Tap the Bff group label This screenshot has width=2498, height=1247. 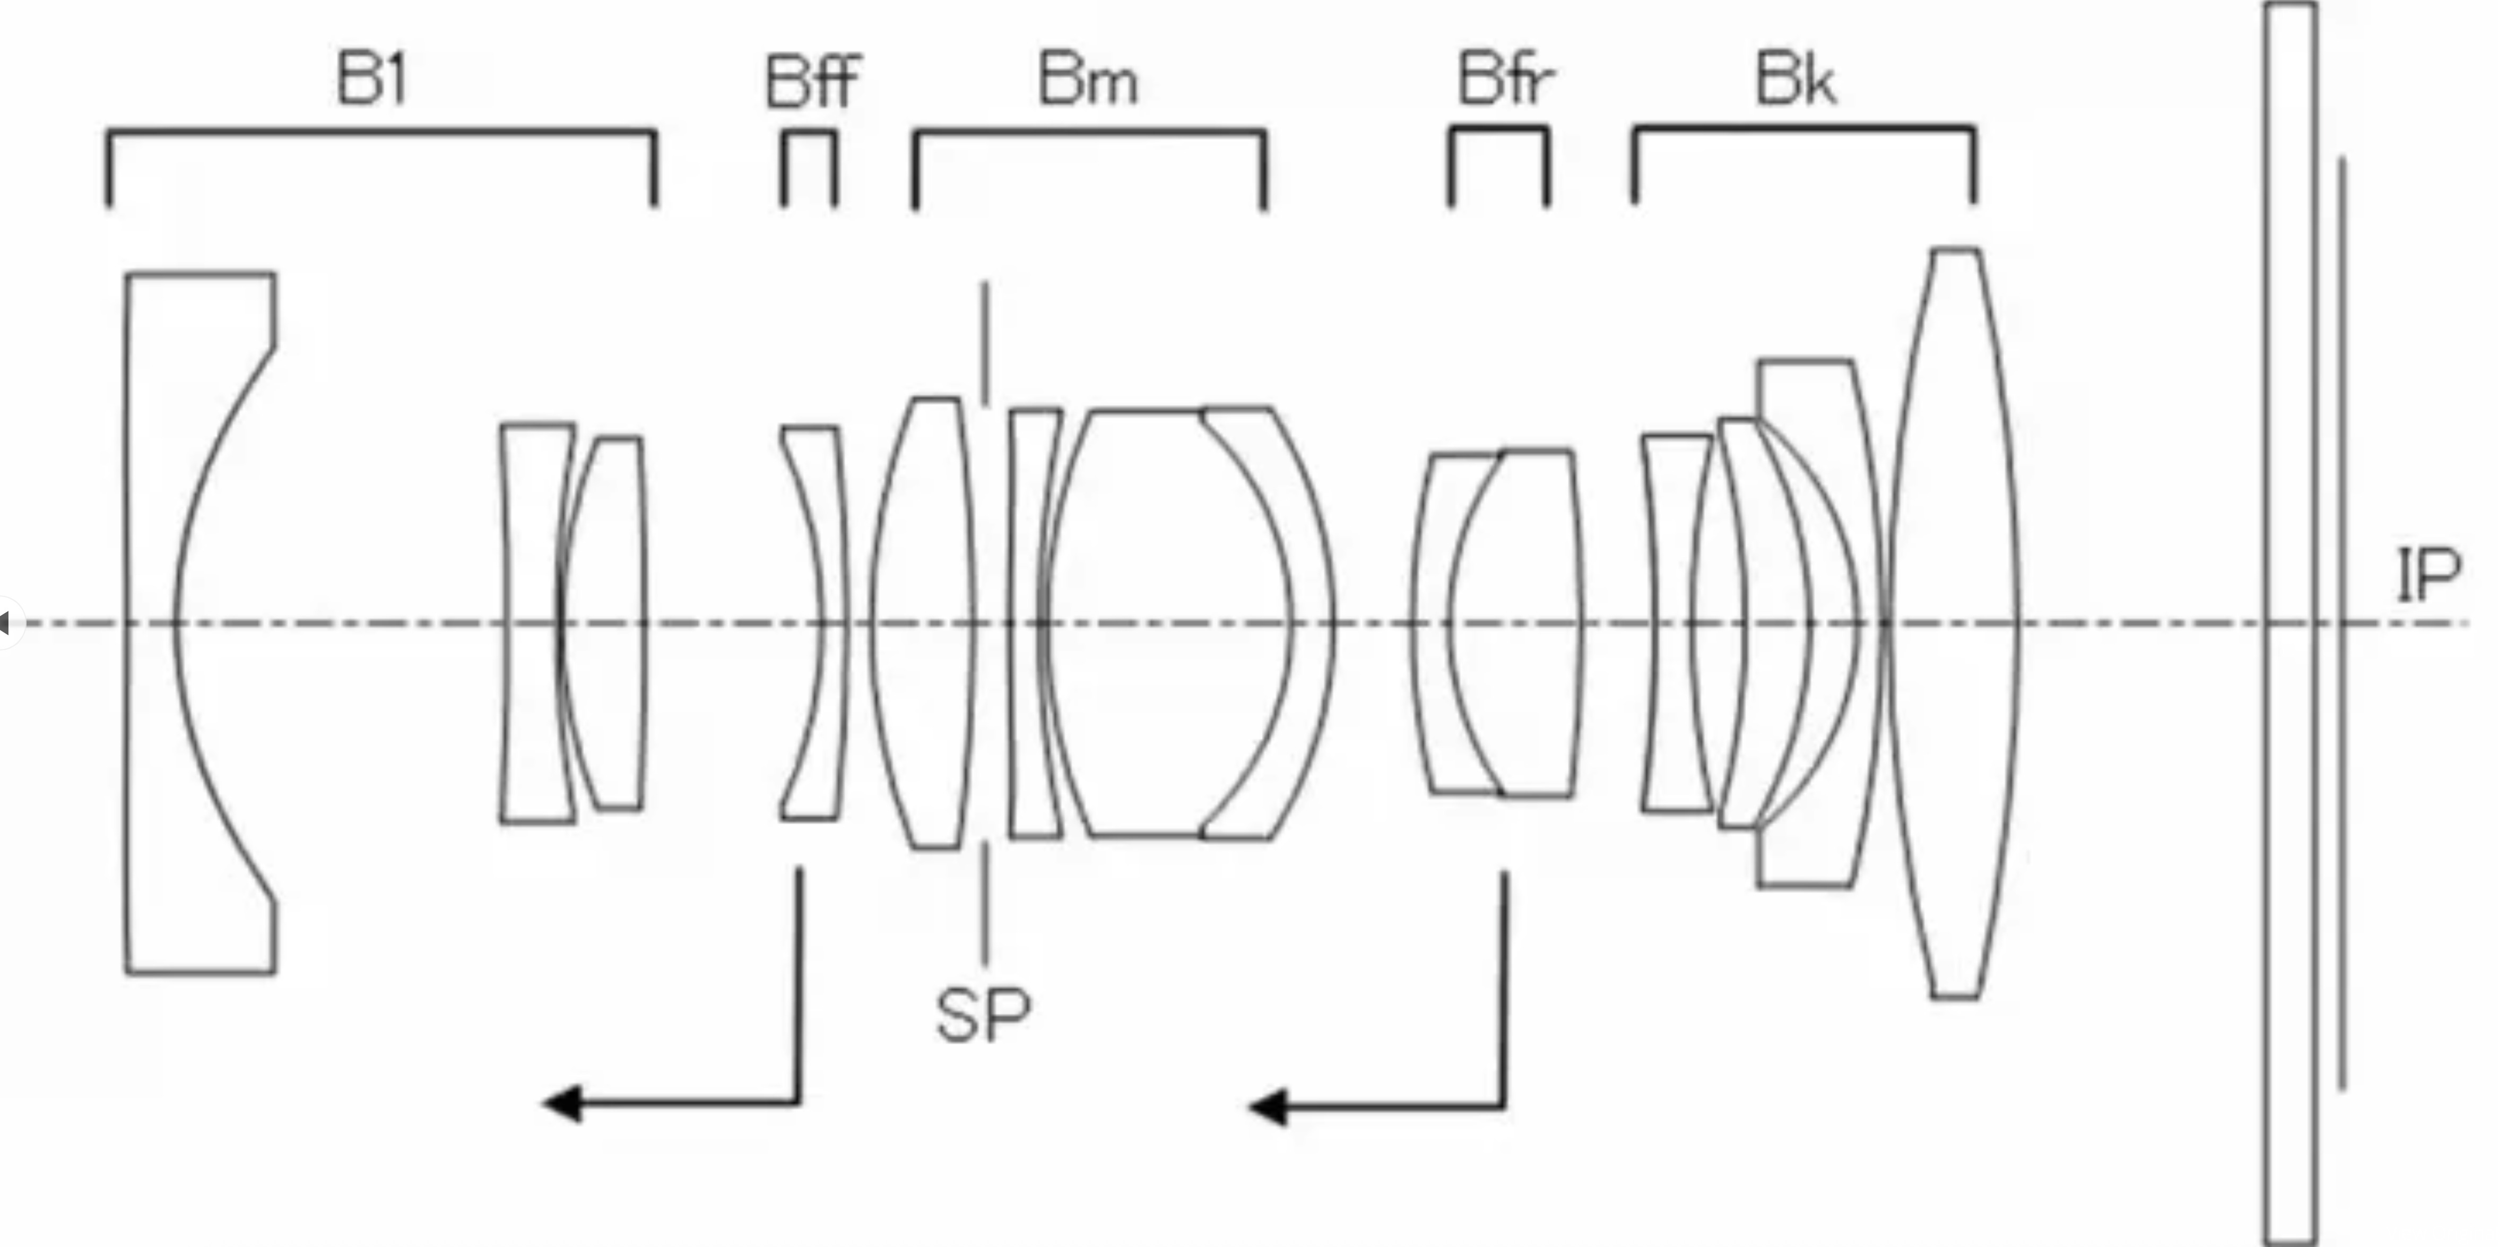click(813, 81)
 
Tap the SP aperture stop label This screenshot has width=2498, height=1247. click(983, 1015)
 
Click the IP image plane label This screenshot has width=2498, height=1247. click(2428, 575)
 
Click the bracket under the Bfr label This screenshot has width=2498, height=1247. click(1498, 166)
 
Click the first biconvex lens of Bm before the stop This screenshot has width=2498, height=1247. click(921, 622)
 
